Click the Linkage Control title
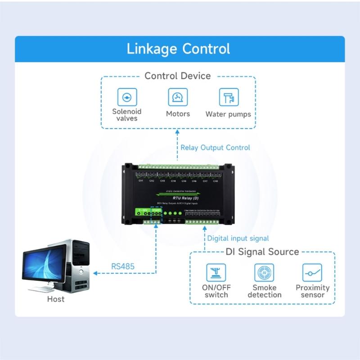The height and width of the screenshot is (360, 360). point(178,49)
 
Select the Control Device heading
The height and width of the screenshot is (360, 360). point(177,76)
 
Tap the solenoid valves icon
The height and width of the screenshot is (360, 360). point(127,97)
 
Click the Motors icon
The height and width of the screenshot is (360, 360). point(178,97)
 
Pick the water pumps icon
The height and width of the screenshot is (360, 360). point(229,97)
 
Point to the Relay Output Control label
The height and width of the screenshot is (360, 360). point(215,148)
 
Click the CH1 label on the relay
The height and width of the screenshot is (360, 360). point(141,181)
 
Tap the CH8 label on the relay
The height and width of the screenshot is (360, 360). point(216,181)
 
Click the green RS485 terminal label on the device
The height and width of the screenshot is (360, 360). point(156,210)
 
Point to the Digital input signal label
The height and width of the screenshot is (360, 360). point(238,238)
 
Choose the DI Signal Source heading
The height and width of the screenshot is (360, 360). point(262,252)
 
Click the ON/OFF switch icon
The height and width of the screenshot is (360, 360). point(216,272)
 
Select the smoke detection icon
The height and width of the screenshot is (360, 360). point(264,272)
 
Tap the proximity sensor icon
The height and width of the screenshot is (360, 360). point(312,272)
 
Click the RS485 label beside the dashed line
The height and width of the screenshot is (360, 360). point(123,266)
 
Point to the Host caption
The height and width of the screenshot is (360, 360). point(56,299)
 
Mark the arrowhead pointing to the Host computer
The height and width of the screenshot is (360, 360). point(95,273)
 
